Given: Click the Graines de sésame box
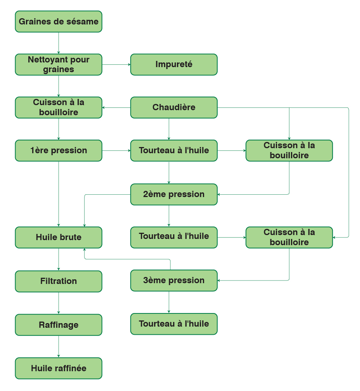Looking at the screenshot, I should click(x=59, y=22).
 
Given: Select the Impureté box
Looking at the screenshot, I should click(x=174, y=64).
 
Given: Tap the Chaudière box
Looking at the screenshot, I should click(x=174, y=107).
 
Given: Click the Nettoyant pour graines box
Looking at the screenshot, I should click(x=59, y=64).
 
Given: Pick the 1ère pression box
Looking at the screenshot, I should click(x=59, y=151).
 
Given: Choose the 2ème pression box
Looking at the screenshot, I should click(x=174, y=194).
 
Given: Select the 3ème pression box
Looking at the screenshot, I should click(x=174, y=280).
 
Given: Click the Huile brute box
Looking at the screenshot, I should click(x=59, y=237).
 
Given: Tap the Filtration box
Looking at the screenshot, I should click(x=59, y=281).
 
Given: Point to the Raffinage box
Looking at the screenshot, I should click(x=59, y=325).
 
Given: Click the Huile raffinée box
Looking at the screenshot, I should click(x=59, y=369).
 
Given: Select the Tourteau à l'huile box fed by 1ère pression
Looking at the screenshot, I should click(x=174, y=151).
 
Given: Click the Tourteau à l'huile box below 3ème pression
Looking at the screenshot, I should click(x=174, y=324).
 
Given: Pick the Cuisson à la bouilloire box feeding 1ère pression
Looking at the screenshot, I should click(x=59, y=107).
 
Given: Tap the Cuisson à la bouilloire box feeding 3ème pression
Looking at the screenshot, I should click(x=289, y=237).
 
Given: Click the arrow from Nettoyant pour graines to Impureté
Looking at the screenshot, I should click(x=116, y=64).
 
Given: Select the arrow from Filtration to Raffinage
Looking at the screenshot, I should click(x=59, y=303).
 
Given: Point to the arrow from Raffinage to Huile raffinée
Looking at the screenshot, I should click(x=59, y=346).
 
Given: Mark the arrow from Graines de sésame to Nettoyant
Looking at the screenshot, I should click(x=59, y=43).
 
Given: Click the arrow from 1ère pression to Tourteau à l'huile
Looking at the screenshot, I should click(x=116, y=151).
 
